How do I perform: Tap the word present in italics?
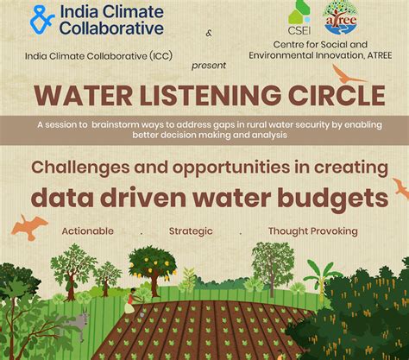(x=210, y=64)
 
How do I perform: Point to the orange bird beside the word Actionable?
(x=28, y=226)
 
